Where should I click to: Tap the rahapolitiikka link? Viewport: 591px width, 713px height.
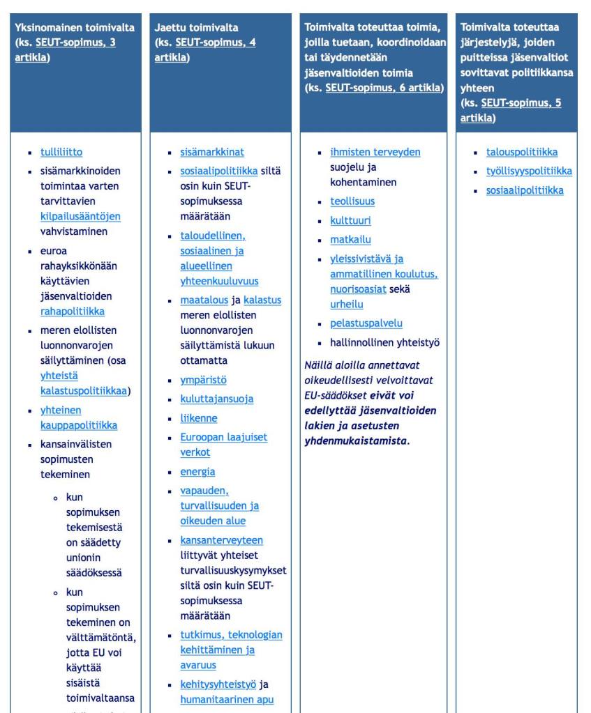click(73, 311)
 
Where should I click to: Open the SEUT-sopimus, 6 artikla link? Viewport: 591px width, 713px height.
click(384, 88)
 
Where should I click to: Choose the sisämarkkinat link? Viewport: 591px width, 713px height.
click(212, 152)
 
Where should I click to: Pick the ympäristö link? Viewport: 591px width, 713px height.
click(203, 380)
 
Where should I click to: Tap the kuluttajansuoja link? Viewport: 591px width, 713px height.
click(216, 399)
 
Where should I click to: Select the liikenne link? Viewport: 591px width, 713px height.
click(198, 418)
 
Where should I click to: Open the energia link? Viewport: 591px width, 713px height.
click(197, 471)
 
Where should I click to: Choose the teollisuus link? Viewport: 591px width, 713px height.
click(352, 201)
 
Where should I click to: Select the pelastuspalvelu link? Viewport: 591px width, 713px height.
click(366, 323)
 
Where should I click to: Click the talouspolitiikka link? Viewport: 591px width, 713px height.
click(522, 152)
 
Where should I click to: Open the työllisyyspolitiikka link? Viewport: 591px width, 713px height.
click(529, 171)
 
